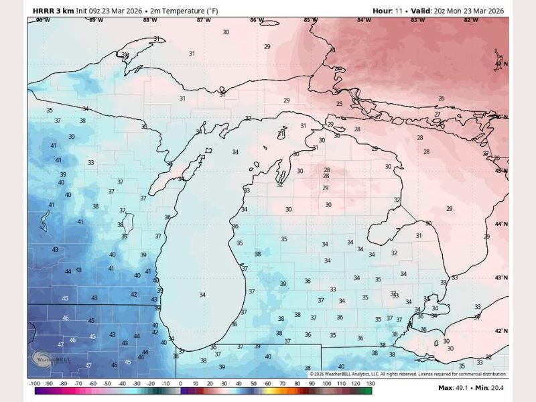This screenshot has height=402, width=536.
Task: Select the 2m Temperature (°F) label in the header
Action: (174, 11)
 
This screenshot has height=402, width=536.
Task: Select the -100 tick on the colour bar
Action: (35, 384)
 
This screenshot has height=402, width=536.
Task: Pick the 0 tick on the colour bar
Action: (180, 384)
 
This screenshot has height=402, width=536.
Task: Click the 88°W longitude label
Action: (151, 20)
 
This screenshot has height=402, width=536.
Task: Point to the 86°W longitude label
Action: (257, 20)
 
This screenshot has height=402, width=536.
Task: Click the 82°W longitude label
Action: (471, 20)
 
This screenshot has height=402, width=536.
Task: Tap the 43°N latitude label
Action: (500, 277)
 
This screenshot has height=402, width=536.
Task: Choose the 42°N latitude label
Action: (500, 331)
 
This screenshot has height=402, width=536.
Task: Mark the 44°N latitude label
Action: (500, 224)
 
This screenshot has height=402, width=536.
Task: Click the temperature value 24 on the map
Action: (332, 50)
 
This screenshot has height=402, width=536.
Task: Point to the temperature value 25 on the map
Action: (339, 104)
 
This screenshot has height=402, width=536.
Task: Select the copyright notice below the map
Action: (409, 374)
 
